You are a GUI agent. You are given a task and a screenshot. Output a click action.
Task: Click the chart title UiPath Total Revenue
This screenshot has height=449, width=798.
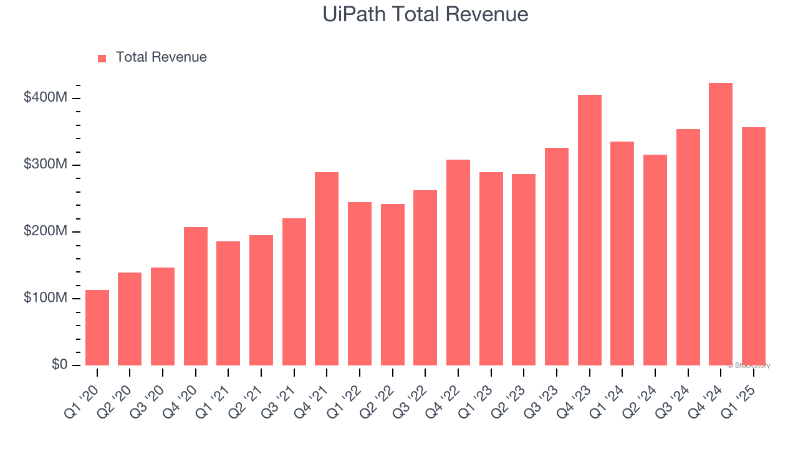[x=425, y=14]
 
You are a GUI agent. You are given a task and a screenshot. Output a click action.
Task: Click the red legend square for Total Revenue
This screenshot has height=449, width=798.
[x=102, y=58]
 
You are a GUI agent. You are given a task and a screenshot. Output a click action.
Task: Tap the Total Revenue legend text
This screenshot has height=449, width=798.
[x=161, y=57]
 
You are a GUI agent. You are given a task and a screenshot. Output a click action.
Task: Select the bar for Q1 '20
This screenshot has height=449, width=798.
[x=97, y=327]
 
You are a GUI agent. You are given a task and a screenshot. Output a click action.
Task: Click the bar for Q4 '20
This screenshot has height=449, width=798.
[x=196, y=296]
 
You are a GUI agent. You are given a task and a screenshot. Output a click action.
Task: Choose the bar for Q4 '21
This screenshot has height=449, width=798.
[x=327, y=269]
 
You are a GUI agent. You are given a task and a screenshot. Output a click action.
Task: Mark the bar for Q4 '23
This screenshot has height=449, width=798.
[x=590, y=230]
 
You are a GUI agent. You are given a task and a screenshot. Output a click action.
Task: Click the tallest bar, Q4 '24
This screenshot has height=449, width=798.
[x=721, y=224]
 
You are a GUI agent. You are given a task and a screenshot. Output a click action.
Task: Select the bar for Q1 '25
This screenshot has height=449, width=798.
[x=754, y=246]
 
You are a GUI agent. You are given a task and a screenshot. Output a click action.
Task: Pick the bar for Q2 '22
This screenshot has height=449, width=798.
[x=393, y=284]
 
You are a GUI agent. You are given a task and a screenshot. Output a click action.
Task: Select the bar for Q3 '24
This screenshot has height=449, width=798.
[x=688, y=247]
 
